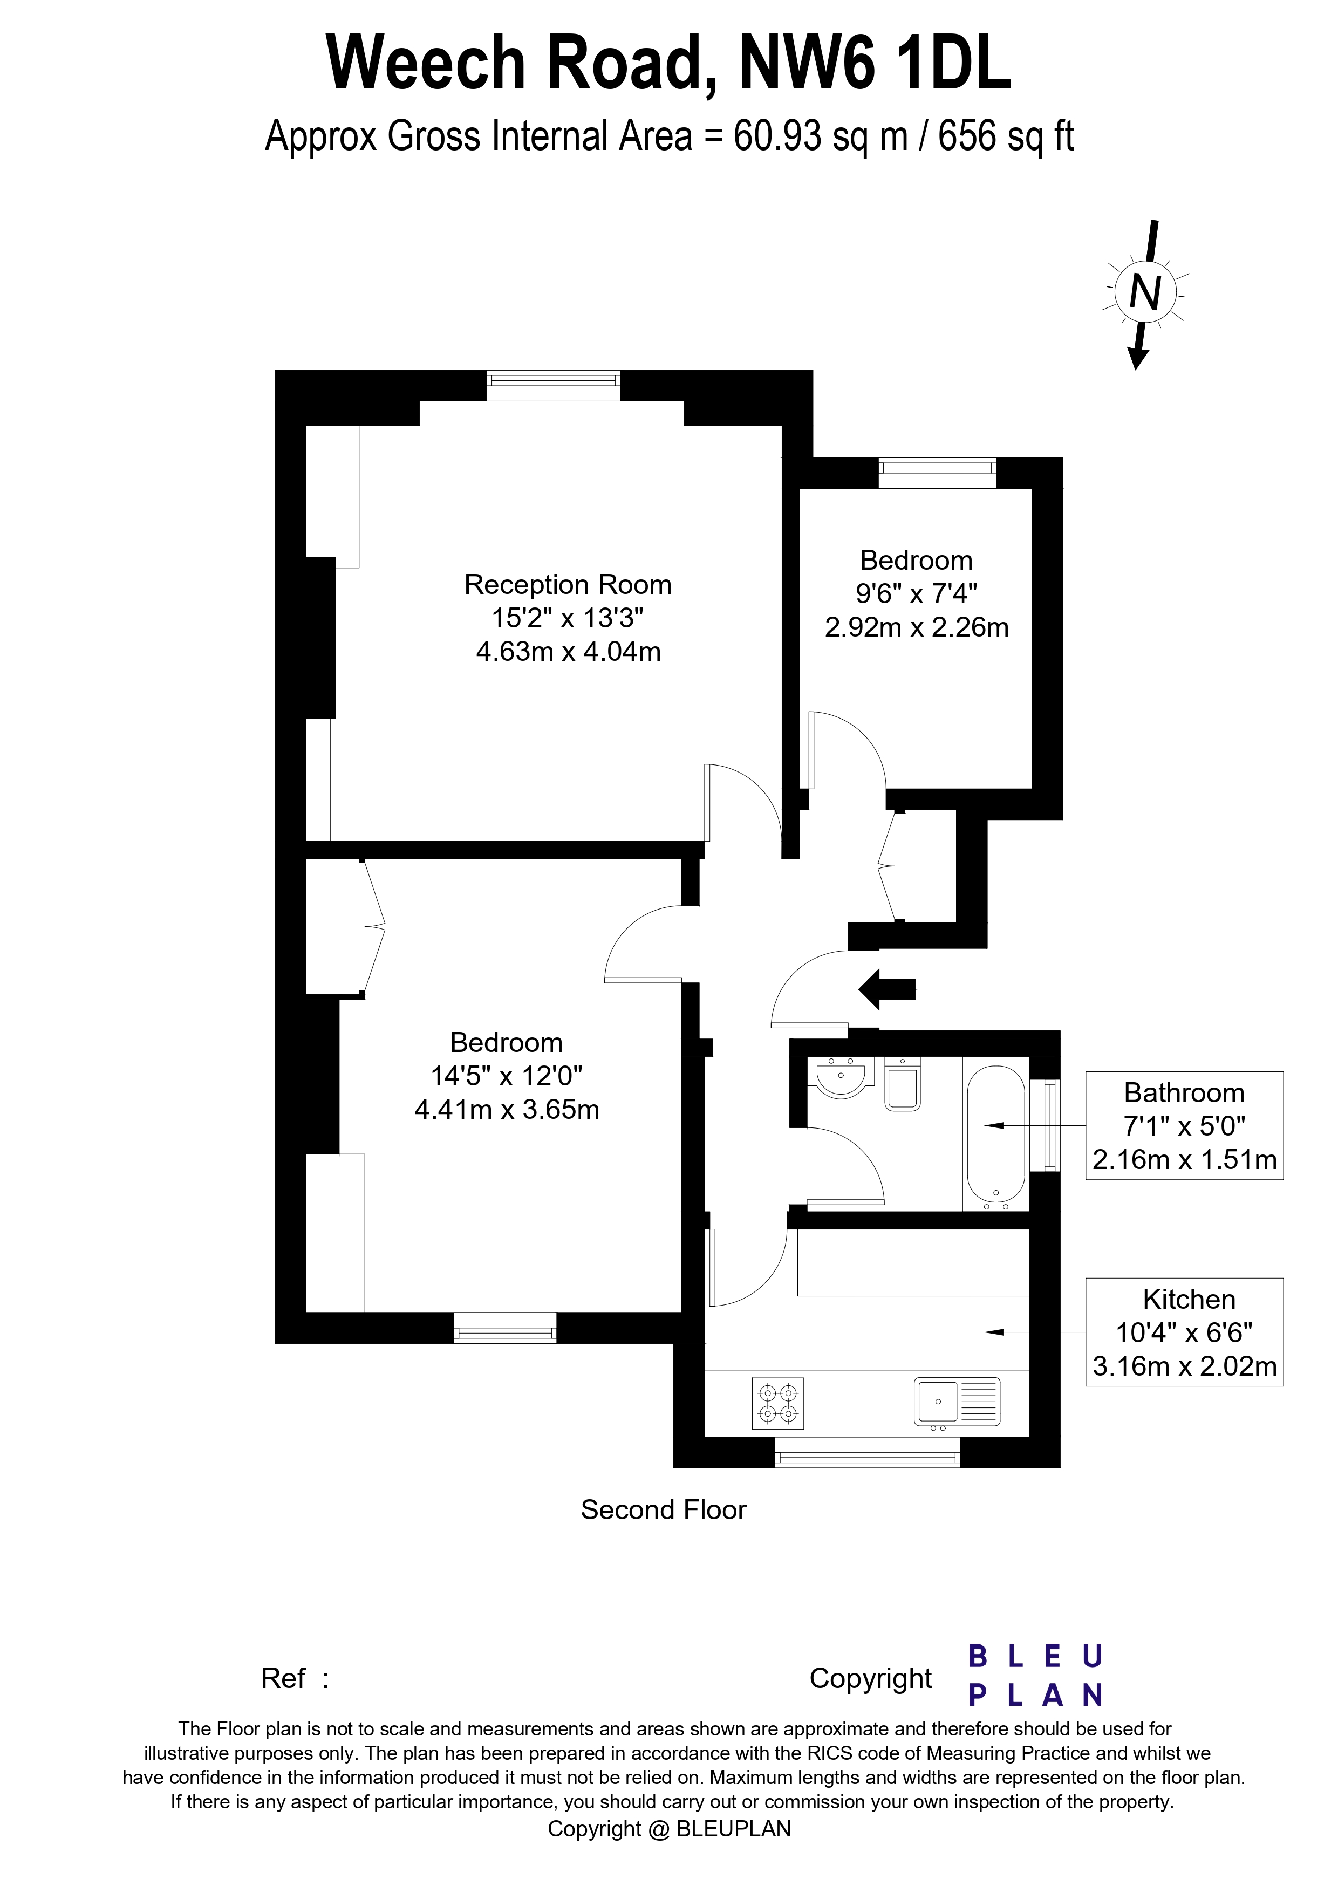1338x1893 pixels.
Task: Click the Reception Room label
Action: pyautogui.click(x=568, y=585)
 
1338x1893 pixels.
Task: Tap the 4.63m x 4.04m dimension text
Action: pyautogui.click(x=568, y=652)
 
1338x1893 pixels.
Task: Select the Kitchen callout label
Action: pyautogui.click(x=1189, y=1300)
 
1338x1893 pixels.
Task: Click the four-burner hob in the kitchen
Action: pyautogui.click(x=778, y=1403)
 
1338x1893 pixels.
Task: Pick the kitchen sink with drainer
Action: pyautogui.click(x=957, y=1402)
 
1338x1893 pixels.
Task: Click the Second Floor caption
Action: pyautogui.click(x=664, y=1509)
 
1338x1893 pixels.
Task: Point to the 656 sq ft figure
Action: pyautogui.click(x=1006, y=137)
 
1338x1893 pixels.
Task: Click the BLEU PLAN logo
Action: pyautogui.click(x=1035, y=1676)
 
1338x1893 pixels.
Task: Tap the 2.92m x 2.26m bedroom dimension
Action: pyautogui.click(x=917, y=627)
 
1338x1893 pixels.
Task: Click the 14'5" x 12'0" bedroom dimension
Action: pyautogui.click(x=507, y=1076)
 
